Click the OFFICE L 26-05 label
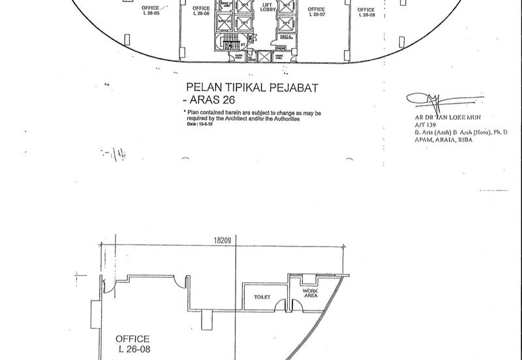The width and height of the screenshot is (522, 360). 154,10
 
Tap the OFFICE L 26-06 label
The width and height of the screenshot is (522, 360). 202,10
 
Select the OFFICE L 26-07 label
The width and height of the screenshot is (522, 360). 316,10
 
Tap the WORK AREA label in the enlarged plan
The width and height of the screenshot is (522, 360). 310,293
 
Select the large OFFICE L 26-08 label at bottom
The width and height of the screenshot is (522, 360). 132,344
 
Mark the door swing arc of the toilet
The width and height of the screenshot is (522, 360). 281,305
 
